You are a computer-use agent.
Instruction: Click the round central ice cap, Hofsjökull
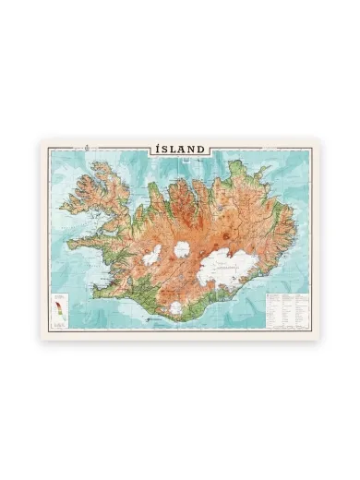click(x=182, y=249)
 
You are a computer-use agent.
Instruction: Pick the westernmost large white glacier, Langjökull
click(x=150, y=254)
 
